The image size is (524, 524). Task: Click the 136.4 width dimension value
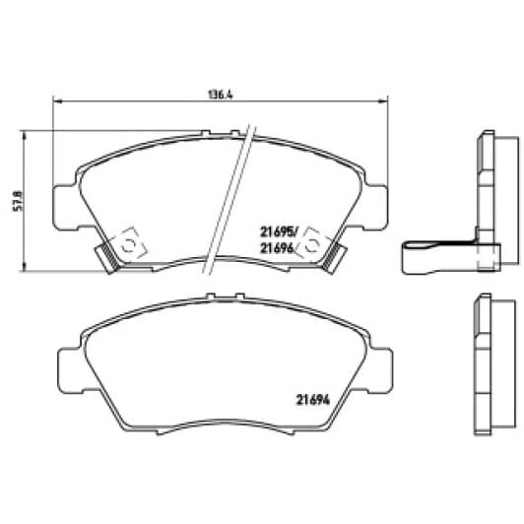click(x=221, y=95)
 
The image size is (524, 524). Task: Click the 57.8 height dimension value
click(x=18, y=201)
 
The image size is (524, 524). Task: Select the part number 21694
click(x=313, y=400)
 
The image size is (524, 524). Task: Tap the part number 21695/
click(x=278, y=231)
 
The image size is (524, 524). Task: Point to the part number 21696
click(x=277, y=247)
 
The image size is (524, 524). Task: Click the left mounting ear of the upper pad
click(x=65, y=207)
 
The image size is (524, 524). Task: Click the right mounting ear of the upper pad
click(x=376, y=207)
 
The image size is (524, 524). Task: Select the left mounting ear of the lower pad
click(x=71, y=370)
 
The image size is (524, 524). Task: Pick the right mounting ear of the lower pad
click(x=381, y=370)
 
